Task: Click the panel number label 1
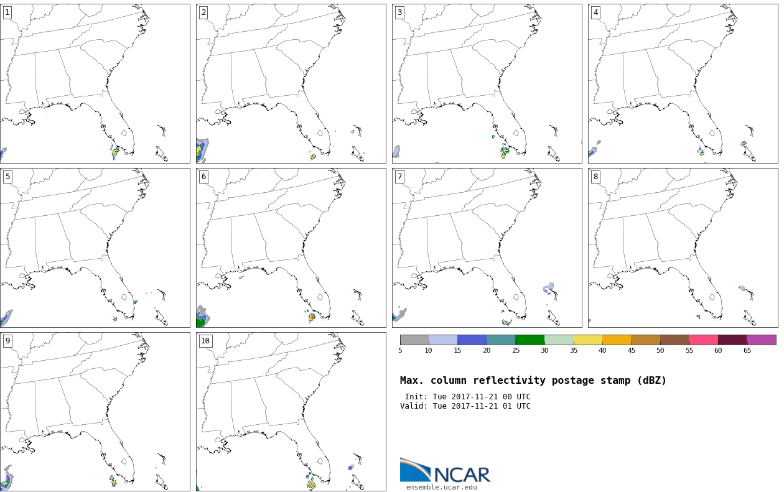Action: pos(7,12)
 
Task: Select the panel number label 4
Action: pos(595,12)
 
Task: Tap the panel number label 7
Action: pos(399,177)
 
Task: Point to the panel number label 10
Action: pos(205,341)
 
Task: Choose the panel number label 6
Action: pos(203,177)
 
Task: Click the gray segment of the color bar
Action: pos(414,340)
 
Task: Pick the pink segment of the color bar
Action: pos(703,340)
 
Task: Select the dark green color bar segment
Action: pos(530,340)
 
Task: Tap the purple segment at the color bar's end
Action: pos(761,340)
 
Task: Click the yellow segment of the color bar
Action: pos(587,340)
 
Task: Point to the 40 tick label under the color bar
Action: pos(602,351)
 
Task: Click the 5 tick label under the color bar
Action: pos(400,351)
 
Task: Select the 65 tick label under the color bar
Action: pos(747,351)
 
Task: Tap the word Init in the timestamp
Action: pos(415,397)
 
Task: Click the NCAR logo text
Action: pos(462,474)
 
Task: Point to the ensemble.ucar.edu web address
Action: pos(441,487)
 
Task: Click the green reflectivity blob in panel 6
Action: pos(200,322)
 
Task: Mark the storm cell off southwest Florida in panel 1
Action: pos(115,152)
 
